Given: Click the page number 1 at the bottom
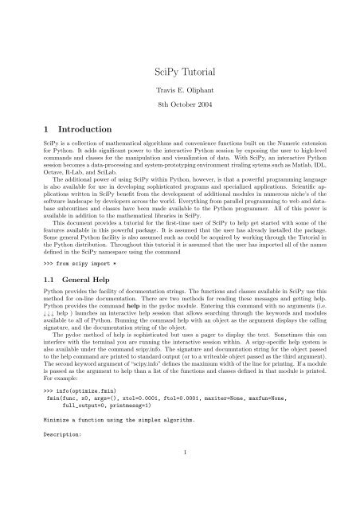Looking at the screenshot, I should click(x=180, y=496).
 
